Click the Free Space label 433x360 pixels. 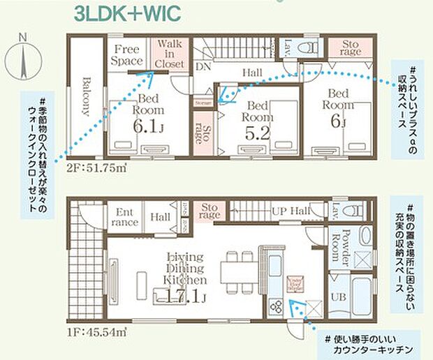coord(128,54)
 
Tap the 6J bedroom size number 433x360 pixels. coord(338,119)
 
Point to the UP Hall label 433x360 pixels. coord(289,211)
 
